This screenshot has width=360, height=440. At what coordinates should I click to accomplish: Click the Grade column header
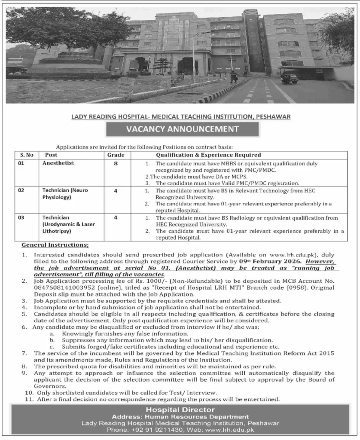[x=116, y=155]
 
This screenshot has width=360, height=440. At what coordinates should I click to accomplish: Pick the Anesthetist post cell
[x=58, y=163]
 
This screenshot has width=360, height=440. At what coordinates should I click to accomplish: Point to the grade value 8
[x=116, y=163]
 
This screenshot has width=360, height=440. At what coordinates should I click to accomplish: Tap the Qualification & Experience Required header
[x=208, y=155]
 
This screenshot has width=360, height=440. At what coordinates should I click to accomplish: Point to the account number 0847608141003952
[x=61, y=289]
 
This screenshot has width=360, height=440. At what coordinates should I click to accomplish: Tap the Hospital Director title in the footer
[x=180, y=410]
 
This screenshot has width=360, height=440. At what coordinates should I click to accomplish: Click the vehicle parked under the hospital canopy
[x=289, y=78]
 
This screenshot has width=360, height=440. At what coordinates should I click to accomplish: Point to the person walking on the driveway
[x=233, y=76]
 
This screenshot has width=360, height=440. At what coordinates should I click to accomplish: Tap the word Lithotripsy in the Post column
[x=57, y=231]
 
